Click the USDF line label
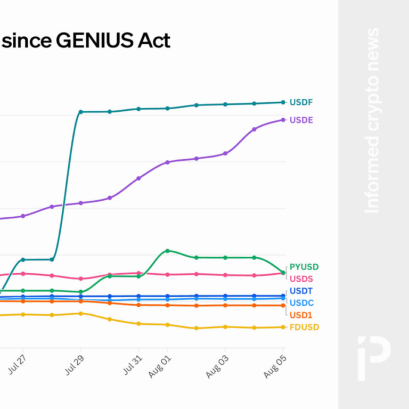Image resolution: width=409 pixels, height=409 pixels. tap(301, 102)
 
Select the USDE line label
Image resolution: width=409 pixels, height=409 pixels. tap(301, 120)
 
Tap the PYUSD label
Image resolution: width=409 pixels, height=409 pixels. tap(304, 267)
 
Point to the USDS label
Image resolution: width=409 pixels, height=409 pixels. tap(301, 279)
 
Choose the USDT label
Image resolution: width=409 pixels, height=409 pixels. tap(301, 291)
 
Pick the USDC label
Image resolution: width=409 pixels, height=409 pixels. tap(301, 303)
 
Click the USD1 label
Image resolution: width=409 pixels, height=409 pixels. tap(301, 315)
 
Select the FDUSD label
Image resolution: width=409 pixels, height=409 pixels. tap(304, 328)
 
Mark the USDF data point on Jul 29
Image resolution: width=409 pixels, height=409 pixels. tap(80, 112)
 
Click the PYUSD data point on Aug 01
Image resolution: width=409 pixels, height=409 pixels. tap(167, 250)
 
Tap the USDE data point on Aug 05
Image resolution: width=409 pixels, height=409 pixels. tap(283, 120)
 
